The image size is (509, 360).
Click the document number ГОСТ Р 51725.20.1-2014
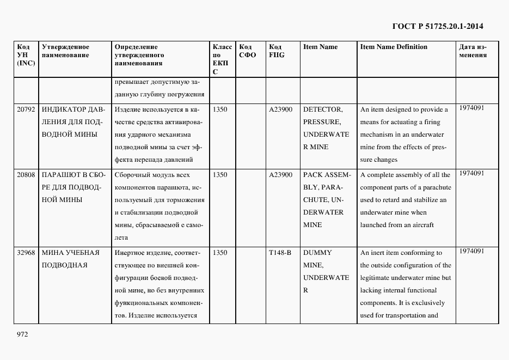pyautogui.click(x=438, y=26)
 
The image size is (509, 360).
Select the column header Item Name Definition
pyautogui.click(x=394, y=47)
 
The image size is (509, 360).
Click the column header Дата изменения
pyautogui.click(x=473, y=51)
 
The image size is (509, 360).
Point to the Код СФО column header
pyautogui.click(x=248, y=51)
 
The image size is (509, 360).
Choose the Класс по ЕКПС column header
pyautogui.click(x=222, y=59)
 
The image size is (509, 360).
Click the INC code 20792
pyautogui.click(x=26, y=109)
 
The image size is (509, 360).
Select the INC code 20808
pyautogui.click(x=26, y=175)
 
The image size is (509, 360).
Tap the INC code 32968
pyautogui.click(x=26, y=253)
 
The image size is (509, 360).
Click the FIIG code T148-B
pyautogui.click(x=280, y=253)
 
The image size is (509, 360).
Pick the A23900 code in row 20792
pyautogui.click(x=281, y=109)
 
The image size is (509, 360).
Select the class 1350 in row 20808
pyautogui.click(x=220, y=175)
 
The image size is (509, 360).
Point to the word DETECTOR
pyautogui.click(x=322, y=109)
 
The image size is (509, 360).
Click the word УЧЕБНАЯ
pyautogui.click(x=82, y=253)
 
